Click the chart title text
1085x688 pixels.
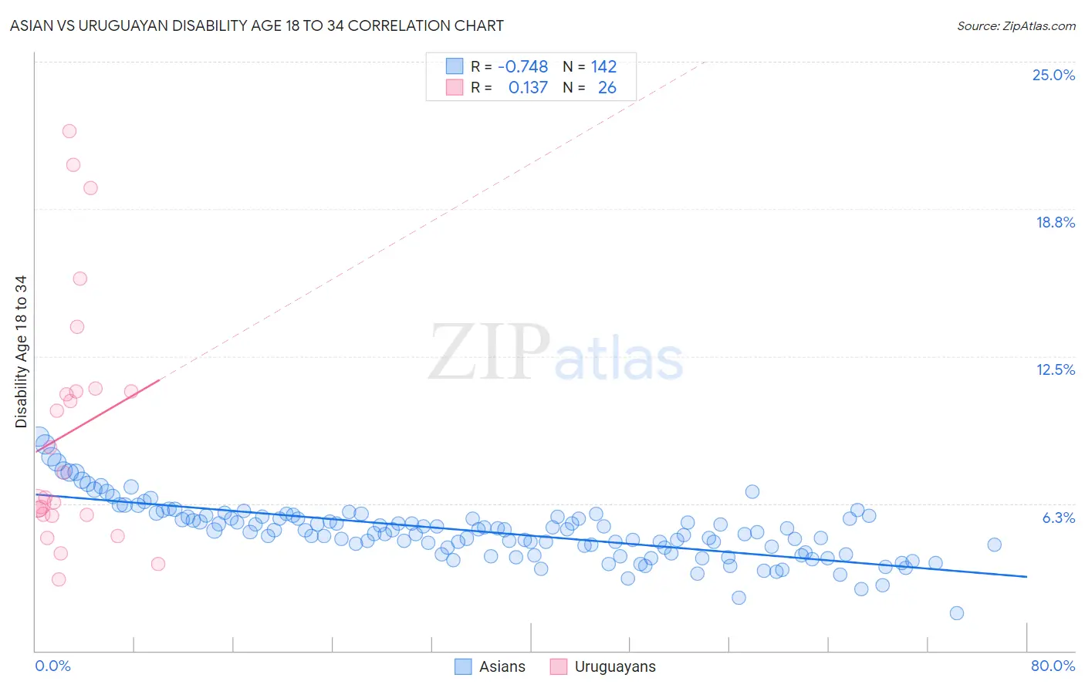pos(256,26)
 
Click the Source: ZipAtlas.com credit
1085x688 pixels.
pos(1016,26)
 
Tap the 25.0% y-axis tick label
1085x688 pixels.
pos(1053,76)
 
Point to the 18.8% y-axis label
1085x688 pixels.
pos(1055,223)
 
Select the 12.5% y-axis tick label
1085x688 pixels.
pos(1055,370)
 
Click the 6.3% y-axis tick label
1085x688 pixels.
pos(1058,518)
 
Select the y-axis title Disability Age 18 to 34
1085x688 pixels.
pos(21,352)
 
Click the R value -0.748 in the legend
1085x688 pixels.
pos(522,67)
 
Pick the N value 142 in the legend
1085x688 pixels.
pos(603,67)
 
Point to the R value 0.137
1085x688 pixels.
pos(528,88)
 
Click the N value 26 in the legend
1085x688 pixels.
pos(607,88)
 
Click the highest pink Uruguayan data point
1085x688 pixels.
pos(69,131)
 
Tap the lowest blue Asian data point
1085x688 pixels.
pos(957,613)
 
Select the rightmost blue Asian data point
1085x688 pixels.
pos(994,545)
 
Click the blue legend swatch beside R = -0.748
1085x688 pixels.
pos(455,66)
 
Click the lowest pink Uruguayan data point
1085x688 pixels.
pos(59,579)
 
